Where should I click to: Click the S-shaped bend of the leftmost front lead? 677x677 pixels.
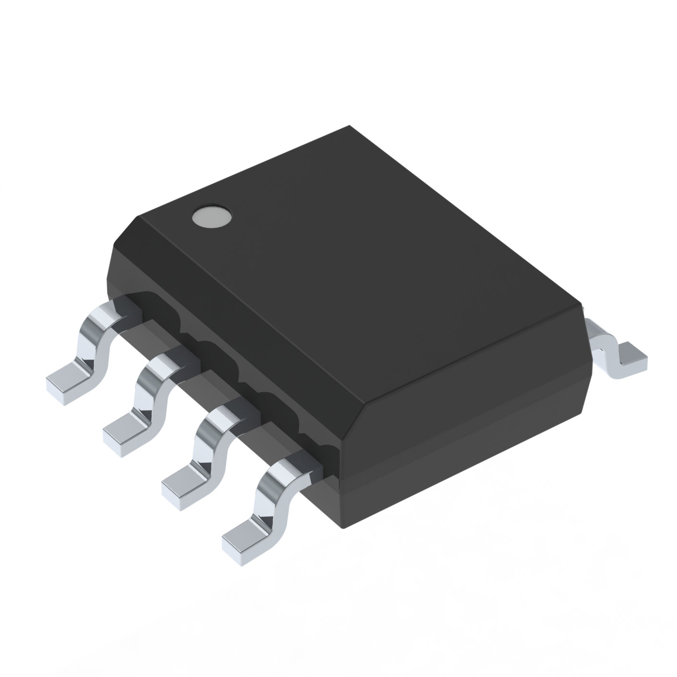pyautogui.click(x=96, y=336)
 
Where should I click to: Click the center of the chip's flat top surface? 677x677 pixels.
pyautogui.click(x=360, y=264)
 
